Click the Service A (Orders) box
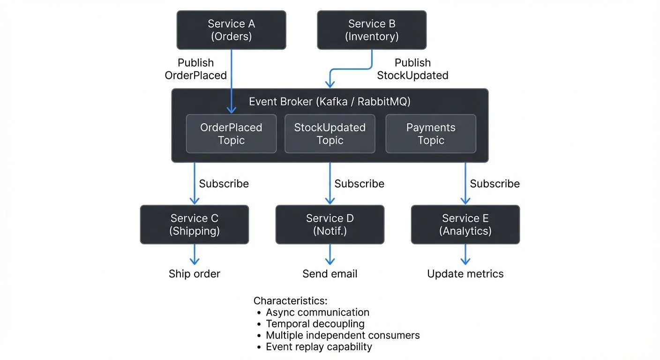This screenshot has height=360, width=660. [x=231, y=30]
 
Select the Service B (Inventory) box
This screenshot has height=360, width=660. [x=372, y=30]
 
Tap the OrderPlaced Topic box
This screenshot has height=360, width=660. [x=231, y=134]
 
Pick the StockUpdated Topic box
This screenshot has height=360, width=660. [x=330, y=134]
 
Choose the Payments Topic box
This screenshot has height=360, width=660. [x=430, y=134]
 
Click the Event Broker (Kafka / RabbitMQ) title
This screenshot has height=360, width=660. [x=330, y=102]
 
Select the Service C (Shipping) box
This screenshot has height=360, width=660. [x=195, y=225]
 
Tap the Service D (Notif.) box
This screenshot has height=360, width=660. [x=330, y=225]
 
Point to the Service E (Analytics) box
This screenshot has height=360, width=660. [x=465, y=225]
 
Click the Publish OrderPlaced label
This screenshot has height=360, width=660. [x=195, y=69]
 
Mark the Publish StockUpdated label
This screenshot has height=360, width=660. [x=412, y=69]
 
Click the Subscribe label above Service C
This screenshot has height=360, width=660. [x=224, y=184]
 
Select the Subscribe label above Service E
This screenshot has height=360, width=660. [x=495, y=184]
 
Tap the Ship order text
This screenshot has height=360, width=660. [x=195, y=274]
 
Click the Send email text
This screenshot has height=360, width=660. [x=330, y=274]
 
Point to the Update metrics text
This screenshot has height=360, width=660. [x=465, y=274]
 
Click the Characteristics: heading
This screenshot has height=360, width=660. [x=290, y=300]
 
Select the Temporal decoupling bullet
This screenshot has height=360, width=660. [x=315, y=323]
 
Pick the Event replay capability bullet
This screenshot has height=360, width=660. [x=318, y=347]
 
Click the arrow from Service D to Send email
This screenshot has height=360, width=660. [x=330, y=255]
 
